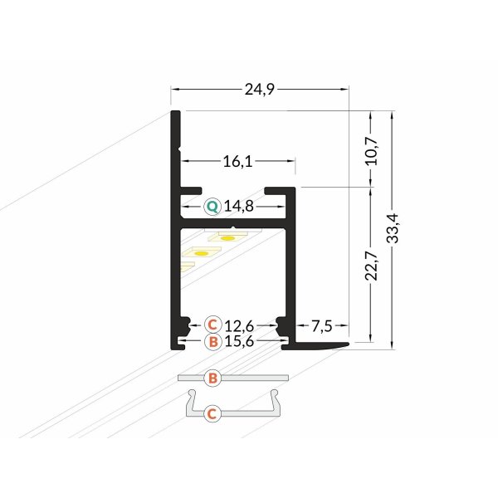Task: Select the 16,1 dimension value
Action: coord(237,162)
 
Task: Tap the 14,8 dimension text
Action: coord(239,206)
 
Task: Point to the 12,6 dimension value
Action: coord(239,323)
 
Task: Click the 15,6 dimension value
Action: coord(239,340)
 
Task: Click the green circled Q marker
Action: coord(212,206)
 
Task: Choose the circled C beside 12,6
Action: coord(212,323)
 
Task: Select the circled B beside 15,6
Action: coord(212,340)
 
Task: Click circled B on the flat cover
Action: coord(212,378)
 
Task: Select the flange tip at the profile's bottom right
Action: coord(347,342)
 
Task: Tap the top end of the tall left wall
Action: coord(176,112)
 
